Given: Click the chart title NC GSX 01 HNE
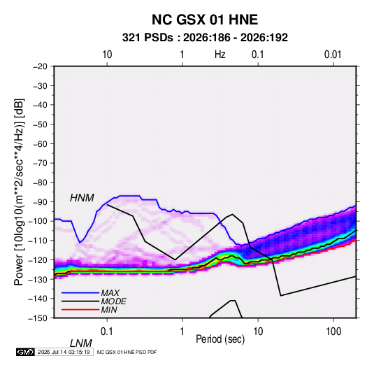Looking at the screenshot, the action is point(205,20).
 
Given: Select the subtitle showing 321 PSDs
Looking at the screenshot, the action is point(205,38).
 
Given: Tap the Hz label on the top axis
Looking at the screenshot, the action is point(220,55).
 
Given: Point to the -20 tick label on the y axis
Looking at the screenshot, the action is point(40,66).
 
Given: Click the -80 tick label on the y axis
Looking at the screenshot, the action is point(40,183).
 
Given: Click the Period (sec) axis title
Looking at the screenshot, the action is point(220,339).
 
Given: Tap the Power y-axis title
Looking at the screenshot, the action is point(19,192).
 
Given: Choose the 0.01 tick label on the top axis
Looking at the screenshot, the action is point(333,55).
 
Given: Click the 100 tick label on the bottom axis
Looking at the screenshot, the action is point(333,332).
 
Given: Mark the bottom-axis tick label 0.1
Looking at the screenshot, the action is point(107,332).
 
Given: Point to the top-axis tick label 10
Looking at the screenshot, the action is point(107,55).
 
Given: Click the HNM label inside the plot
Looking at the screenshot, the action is point(82,198).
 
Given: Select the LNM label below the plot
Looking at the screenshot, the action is point(80,343).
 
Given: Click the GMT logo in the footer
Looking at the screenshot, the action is point(26,352).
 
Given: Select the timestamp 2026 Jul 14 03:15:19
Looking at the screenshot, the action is point(64,352).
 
